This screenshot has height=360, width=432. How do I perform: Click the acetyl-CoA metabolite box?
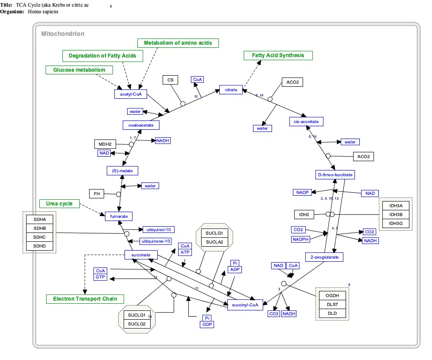coord(130,94)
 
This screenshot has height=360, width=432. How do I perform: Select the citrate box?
coord(231,90)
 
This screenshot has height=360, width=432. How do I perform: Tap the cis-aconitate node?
coord(306,121)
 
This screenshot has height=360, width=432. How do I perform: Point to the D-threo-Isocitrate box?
coord(335,175)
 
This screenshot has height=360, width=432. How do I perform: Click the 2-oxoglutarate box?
coord(324,257)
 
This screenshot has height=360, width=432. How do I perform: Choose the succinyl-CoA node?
coord(245,305)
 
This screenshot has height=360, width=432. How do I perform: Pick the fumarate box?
coord(119,216)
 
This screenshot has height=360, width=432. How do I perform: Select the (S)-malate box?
coord(122,170)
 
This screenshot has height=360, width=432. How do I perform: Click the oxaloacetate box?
coord(141,125)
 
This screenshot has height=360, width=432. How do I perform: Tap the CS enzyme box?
coord(170,80)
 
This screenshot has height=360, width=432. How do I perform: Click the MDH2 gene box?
coord(105,144)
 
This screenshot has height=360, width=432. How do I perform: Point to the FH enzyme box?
coord(96,194)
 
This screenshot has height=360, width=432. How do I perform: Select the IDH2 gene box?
coord(304,215)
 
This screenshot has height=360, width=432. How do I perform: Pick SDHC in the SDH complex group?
coord(39,237)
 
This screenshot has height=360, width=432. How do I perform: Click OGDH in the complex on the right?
coord(332,295)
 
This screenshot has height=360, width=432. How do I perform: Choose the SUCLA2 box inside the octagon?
coord(214,242)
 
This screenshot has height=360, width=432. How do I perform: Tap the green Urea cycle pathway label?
coord(59,204)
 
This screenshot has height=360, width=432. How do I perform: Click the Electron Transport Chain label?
coord(85,299)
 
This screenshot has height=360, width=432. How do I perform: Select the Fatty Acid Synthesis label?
coord(278,55)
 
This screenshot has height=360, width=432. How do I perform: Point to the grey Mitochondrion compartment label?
coord(62,34)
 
